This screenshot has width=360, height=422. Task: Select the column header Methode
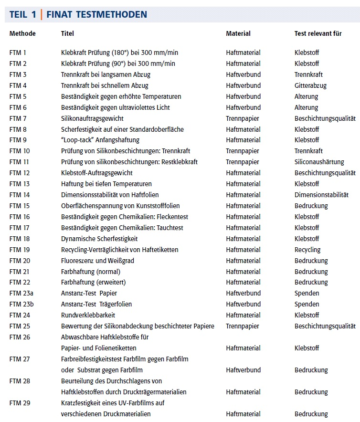pos(22,33)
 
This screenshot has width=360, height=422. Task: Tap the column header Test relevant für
pos(318,33)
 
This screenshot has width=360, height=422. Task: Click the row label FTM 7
pos(18,118)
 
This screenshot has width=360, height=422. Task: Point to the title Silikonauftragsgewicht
pos(92,118)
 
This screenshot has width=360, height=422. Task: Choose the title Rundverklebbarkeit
pos(88,315)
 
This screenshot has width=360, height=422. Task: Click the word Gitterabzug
pos(311,85)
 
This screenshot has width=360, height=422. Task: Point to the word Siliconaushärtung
pos(319,162)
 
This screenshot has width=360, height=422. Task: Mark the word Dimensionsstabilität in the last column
pos(321,195)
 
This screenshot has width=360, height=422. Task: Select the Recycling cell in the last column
pos(307,250)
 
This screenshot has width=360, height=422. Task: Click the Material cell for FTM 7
pos(243,118)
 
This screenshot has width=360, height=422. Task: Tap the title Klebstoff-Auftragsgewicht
pos(97,173)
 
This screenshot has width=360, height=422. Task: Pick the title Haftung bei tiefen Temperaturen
pos(106,184)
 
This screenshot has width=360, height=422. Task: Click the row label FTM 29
pos(20,403)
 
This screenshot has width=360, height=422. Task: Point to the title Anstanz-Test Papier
pos(89,293)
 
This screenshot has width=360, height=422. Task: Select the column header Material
pos(238,33)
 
